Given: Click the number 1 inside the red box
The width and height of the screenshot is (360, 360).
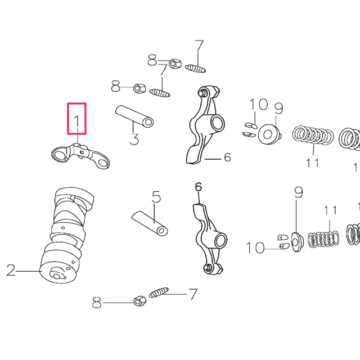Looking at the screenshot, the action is point(77,121).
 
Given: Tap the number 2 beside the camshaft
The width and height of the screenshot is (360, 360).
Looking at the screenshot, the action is point(11,270).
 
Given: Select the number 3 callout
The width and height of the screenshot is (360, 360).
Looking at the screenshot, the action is point(134,139).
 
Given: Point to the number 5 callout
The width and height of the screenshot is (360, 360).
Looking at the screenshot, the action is point(156,197).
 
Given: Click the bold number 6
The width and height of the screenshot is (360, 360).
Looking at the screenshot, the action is point(199,187).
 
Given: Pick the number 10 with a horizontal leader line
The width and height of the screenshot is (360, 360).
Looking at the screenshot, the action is point(255,248).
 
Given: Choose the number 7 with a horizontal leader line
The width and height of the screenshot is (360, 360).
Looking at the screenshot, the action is point(193,294).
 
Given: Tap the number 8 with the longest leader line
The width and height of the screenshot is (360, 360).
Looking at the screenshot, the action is point(97,303).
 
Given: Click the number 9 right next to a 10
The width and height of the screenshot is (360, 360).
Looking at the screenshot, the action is point(279,109).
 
